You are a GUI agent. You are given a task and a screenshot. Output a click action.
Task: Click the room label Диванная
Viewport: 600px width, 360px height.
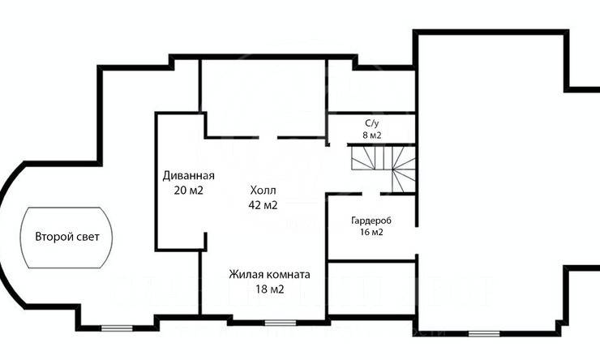(187, 176)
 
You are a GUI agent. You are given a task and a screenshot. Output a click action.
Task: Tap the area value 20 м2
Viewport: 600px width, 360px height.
(187, 191)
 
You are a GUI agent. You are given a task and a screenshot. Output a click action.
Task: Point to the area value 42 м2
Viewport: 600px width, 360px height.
(263, 205)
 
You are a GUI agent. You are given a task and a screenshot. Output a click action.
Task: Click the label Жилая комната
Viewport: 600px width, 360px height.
(269, 275)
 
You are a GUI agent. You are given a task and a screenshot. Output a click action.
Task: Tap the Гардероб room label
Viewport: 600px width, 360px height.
(372, 221)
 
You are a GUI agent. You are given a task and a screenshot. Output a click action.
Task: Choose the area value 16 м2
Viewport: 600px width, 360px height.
(372, 233)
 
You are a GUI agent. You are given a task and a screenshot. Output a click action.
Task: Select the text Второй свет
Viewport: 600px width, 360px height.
(67, 238)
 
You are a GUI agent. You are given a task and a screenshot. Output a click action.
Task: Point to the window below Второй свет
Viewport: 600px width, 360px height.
(115, 328)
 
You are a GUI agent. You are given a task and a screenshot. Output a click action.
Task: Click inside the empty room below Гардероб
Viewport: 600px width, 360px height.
(372, 292)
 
